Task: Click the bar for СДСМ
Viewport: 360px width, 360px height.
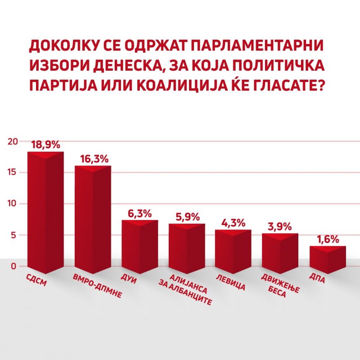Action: coord(45,211)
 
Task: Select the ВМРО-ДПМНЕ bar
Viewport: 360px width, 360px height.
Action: coord(92,220)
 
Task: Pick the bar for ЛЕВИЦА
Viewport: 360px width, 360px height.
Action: coord(233,252)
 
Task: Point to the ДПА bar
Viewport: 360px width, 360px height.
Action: coord(328,260)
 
